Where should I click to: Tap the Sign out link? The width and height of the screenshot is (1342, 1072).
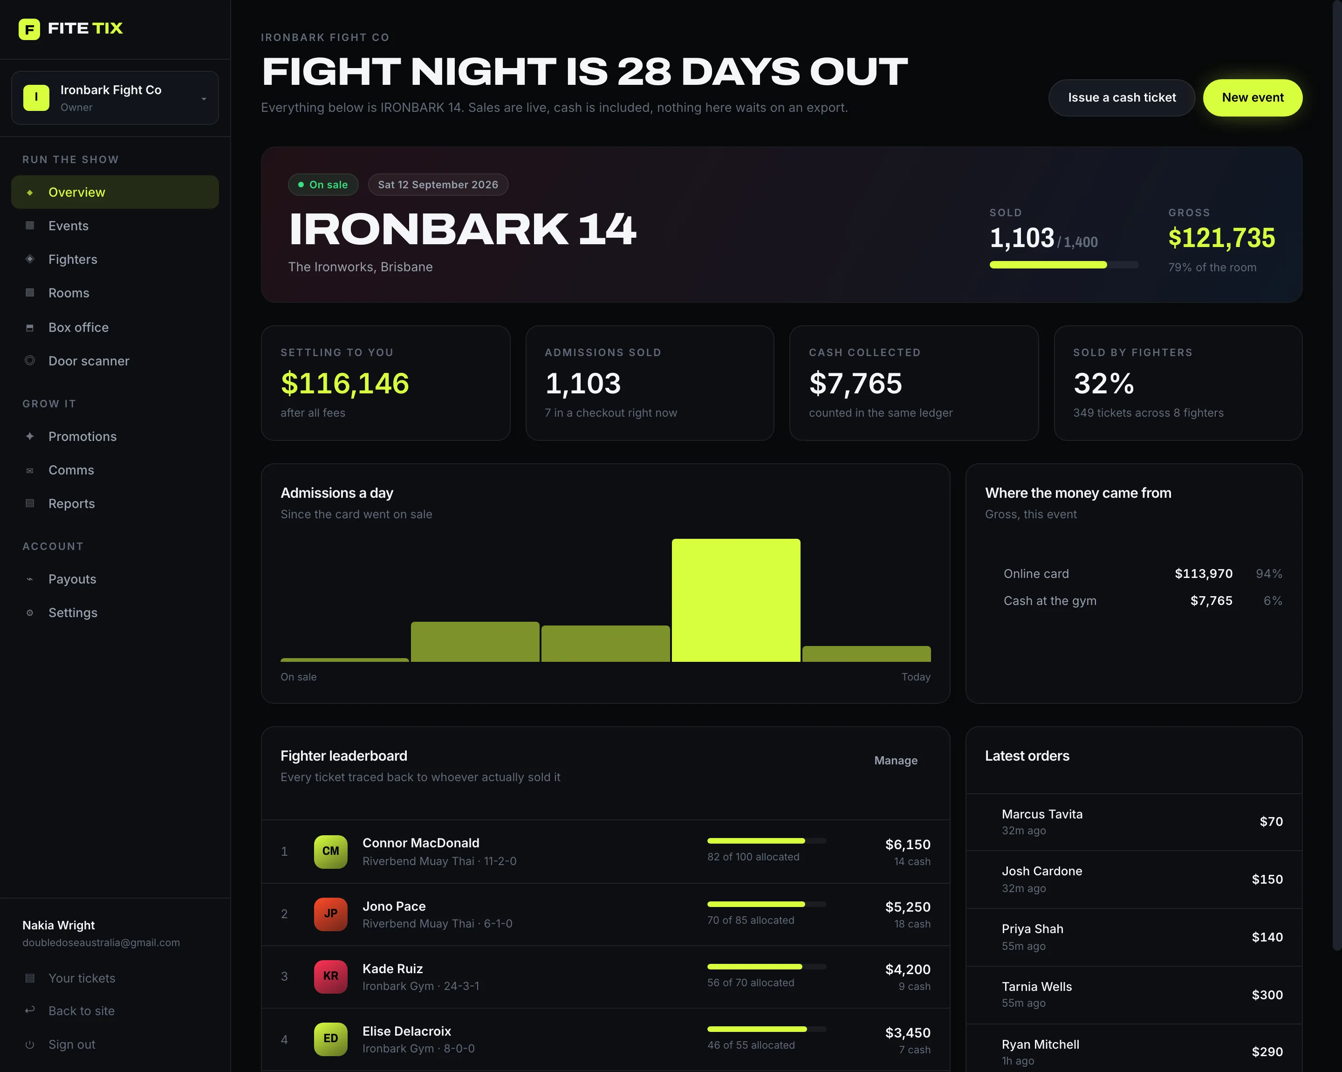pos(72,1045)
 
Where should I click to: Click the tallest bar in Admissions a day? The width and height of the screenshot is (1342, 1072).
pos(736,600)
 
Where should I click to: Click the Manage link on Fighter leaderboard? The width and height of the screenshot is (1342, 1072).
pos(896,761)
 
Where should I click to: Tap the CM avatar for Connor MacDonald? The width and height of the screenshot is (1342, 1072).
pos(330,852)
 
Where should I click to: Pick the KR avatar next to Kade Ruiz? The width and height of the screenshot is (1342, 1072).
pos(330,976)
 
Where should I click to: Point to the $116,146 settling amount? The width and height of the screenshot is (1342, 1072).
pos(345,383)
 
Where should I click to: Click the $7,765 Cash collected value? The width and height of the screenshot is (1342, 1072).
pos(855,383)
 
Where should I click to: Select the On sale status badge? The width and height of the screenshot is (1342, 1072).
pos(323,185)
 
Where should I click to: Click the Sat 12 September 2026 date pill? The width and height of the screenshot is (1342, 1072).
pos(438,185)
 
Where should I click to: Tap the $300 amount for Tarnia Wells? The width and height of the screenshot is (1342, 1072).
pos(1267,995)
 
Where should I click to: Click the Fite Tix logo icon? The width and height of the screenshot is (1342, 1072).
pos(29,28)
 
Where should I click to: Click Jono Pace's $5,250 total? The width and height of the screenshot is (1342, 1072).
pos(908,907)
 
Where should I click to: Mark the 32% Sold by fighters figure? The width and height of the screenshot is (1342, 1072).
pos(1103,383)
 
